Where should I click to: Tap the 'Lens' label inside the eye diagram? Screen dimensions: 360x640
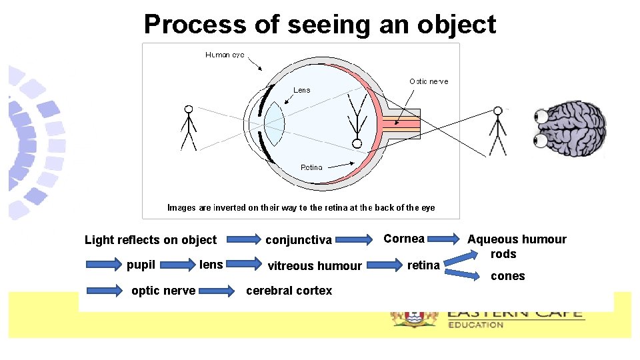tap(302, 90)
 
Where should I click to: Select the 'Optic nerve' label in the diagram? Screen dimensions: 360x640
tap(429, 81)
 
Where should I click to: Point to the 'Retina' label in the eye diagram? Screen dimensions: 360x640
tap(311, 167)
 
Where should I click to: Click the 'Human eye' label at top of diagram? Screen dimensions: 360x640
tap(225, 55)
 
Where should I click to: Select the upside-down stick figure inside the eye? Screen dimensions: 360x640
tap(357, 123)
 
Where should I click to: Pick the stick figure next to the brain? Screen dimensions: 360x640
tap(497, 131)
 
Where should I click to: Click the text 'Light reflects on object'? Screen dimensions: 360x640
tap(151, 240)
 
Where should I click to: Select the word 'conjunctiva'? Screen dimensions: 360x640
tap(299, 240)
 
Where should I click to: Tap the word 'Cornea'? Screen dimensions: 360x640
tap(404, 239)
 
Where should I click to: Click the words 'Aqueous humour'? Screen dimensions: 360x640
tap(517, 239)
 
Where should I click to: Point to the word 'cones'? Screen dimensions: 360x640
tap(508, 276)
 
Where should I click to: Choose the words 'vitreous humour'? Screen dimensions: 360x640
tap(315, 266)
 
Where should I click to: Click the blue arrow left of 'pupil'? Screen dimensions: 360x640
tap(102, 265)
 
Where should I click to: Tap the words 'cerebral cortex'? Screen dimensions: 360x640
tap(289, 290)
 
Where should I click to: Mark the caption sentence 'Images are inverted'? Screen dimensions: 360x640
tap(301, 207)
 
